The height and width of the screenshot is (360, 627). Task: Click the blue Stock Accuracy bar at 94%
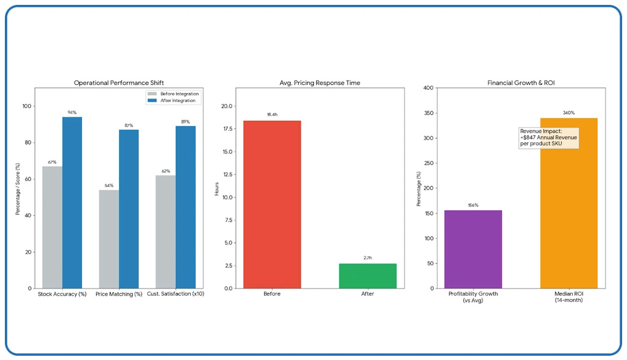click(71, 202)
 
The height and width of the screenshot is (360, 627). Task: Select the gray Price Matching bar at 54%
click(109, 239)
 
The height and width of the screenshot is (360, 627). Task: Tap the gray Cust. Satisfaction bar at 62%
click(165, 232)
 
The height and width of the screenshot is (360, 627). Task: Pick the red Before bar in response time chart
click(272, 204)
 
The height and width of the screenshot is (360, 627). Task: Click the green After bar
click(367, 276)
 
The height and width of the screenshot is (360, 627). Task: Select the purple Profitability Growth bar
click(473, 249)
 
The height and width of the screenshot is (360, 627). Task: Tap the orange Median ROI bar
click(568, 203)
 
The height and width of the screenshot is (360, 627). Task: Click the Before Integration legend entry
click(174, 94)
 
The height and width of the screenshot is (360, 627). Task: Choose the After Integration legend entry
click(174, 100)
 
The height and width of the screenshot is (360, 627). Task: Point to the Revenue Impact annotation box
click(549, 138)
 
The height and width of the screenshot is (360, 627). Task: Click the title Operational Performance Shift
click(119, 83)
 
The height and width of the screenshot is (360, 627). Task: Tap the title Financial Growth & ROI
click(521, 83)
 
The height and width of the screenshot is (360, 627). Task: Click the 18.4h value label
click(272, 114)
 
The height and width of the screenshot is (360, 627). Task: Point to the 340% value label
click(568, 112)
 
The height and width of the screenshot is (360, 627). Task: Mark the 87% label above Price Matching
click(128, 125)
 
